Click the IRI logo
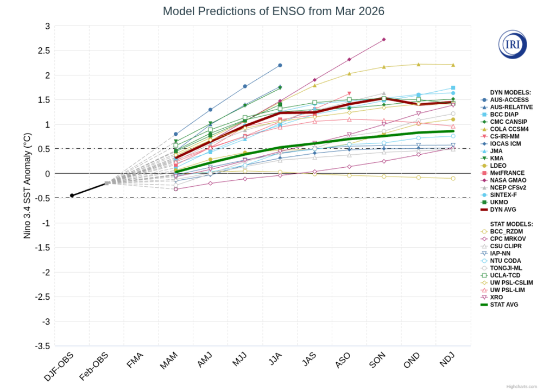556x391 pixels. pos(512,45)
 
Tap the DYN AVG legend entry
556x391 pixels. pos(502,210)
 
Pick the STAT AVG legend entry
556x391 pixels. pos(503,305)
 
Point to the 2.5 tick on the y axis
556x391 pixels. pos(44,51)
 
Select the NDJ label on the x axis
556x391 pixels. pos(447,362)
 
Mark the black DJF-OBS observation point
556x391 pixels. pos(72,195)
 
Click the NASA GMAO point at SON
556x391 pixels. pos(384,39)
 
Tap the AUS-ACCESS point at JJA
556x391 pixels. pos(280,65)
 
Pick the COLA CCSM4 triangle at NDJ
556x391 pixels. pos(453,65)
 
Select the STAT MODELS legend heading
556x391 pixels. pos(511,224)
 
